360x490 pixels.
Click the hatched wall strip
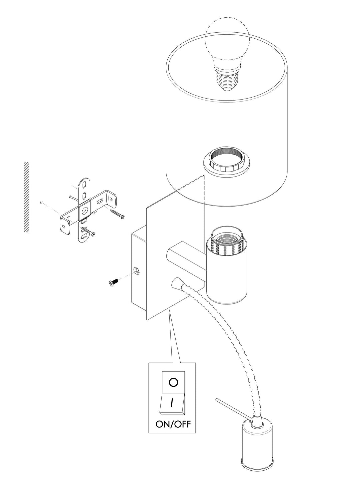point(26,197)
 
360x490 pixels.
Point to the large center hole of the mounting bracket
point(84,211)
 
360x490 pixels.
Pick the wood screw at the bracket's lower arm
point(88,231)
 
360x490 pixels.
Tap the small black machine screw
point(113,282)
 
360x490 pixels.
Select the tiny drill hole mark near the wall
point(41,202)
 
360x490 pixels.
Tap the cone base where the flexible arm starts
point(177,284)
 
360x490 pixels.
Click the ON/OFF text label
point(173,424)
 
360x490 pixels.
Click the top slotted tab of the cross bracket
point(85,190)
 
